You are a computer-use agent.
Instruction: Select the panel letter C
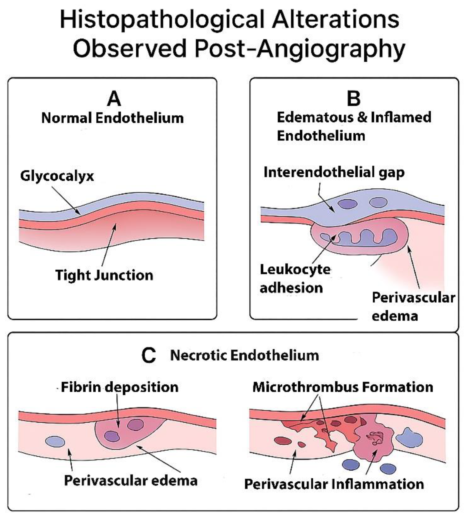pos(148,356)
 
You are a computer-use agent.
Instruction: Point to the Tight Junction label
pos(104,275)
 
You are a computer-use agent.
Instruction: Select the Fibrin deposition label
pos(120,387)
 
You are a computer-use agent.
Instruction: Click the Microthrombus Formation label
pos(343,387)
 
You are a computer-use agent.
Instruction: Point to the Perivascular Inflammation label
pos(334,484)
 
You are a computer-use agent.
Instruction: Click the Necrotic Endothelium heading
pos(245,356)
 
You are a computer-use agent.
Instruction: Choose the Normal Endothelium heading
pos(113,118)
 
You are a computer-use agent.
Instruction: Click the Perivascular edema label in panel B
pos(413,307)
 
